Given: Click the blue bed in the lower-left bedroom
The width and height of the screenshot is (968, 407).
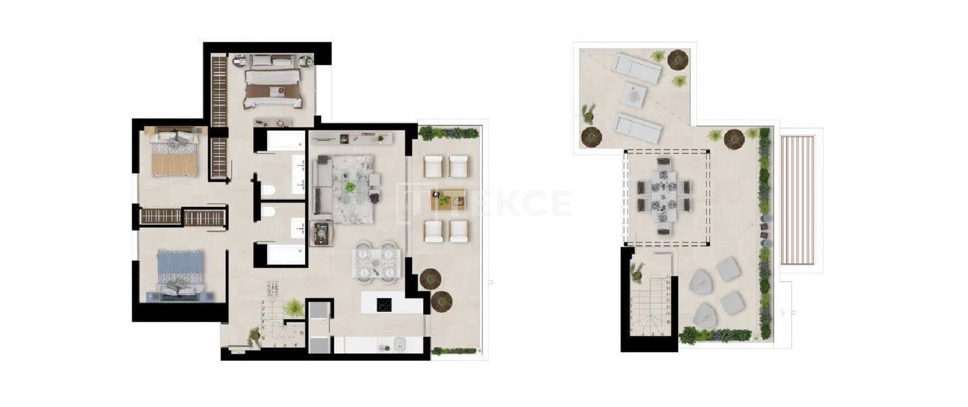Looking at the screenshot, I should tap(180, 271).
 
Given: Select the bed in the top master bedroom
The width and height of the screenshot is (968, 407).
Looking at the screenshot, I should tap(273, 88).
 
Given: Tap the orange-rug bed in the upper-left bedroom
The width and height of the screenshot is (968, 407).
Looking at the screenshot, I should tap(174, 155).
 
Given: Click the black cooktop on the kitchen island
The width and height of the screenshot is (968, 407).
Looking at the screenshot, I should tap(384, 305).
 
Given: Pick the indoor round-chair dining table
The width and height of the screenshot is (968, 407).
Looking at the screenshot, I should tap(376, 262).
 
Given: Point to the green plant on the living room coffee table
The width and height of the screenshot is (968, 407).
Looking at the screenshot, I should tap(350, 187).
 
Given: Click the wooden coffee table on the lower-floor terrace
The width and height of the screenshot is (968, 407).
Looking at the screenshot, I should tap(448, 199).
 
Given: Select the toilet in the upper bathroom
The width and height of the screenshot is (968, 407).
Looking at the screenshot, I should tap(268, 191).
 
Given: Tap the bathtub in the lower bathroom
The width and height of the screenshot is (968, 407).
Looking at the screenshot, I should tap(284, 254).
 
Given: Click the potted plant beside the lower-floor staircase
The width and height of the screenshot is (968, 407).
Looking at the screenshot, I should tap(293, 308).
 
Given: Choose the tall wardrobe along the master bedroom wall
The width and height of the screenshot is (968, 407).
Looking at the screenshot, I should tap(218, 91).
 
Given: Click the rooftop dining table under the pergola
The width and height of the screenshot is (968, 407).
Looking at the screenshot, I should tap(664, 197).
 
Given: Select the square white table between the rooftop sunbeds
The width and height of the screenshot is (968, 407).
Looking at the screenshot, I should tap(634, 96).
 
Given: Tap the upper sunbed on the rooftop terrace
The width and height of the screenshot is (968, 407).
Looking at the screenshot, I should tap(638, 68).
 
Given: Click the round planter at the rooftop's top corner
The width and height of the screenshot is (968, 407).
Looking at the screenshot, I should tap(678, 59).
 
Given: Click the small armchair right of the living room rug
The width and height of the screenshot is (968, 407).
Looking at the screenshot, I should tap(374, 180).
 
